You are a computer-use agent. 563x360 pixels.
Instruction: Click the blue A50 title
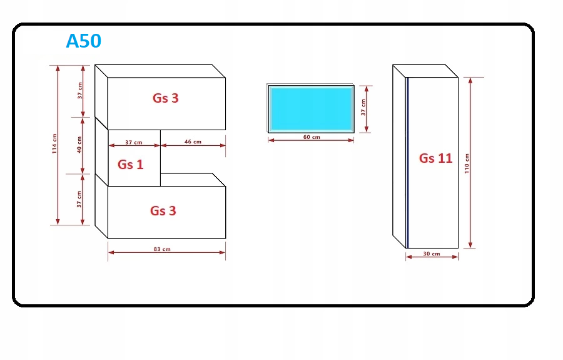pos(84,41)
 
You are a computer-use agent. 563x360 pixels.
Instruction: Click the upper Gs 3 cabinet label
pos(166,98)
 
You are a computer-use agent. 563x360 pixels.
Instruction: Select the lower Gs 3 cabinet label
pos(163,210)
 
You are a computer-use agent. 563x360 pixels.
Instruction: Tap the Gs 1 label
pos(130,164)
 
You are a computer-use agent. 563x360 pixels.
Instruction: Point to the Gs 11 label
pos(435,158)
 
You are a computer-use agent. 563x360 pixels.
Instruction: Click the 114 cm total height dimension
pos(54,144)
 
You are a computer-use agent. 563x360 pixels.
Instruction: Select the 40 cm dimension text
pos(79,145)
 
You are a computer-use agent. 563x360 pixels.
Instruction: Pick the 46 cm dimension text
pos(193,141)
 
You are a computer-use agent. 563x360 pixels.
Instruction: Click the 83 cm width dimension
pos(162,249)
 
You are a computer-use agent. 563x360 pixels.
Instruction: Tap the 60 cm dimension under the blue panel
pos(312,137)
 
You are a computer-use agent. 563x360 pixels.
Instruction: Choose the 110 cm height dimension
pos(467,163)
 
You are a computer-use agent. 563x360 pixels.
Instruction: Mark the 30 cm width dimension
pos(432,254)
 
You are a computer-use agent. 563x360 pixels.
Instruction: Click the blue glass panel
pos(311,108)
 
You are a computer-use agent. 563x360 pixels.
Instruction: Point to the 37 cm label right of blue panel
pos(363,108)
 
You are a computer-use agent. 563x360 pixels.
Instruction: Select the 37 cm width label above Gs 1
pos(133,141)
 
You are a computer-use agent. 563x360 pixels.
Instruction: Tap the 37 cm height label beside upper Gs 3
pos(79,91)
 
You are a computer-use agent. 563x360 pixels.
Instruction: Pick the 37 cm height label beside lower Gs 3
pos(79,199)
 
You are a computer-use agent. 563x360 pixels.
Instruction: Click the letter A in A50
pos(73,41)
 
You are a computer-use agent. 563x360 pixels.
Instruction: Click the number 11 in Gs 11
pos(444,158)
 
